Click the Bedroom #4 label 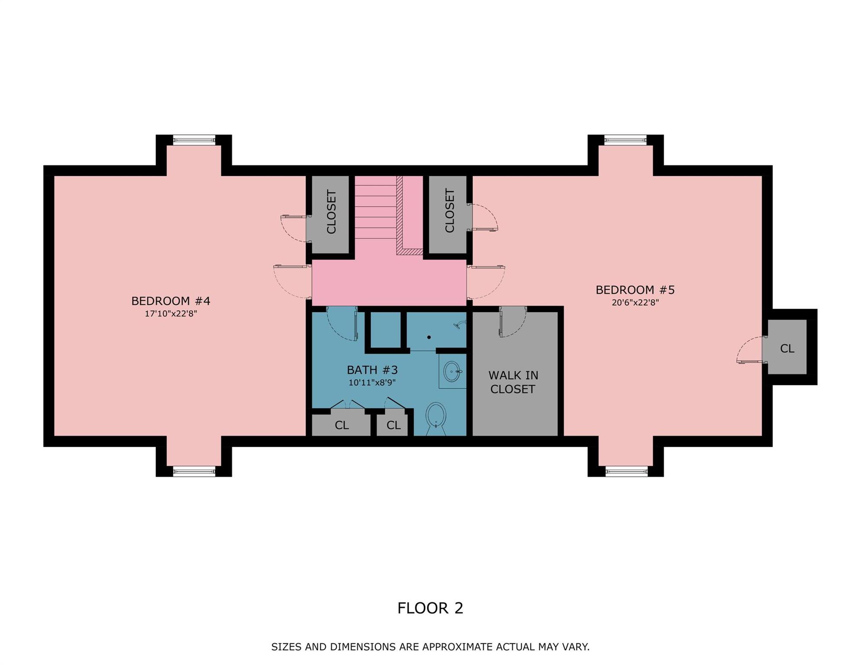(171, 301)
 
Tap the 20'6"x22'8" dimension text (635, 303)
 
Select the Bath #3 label (372, 370)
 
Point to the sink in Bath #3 (452, 371)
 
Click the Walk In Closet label (513, 382)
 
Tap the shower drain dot (429, 337)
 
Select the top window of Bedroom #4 (194, 140)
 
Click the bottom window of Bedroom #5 (626, 471)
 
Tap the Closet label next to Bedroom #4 (331, 212)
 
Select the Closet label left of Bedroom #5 (449, 211)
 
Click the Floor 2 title (430, 608)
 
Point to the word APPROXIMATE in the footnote (457, 647)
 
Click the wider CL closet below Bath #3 (341, 425)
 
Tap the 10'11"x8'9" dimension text (372, 383)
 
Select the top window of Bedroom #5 (625, 140)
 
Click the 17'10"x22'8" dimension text (171, 313)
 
